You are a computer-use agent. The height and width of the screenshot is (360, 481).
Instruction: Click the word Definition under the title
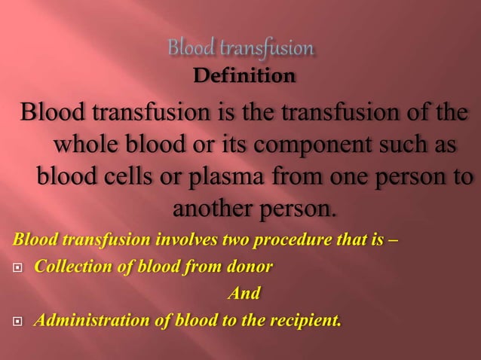(244, 76)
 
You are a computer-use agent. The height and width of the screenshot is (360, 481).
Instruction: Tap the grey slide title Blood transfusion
(240, 49)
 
